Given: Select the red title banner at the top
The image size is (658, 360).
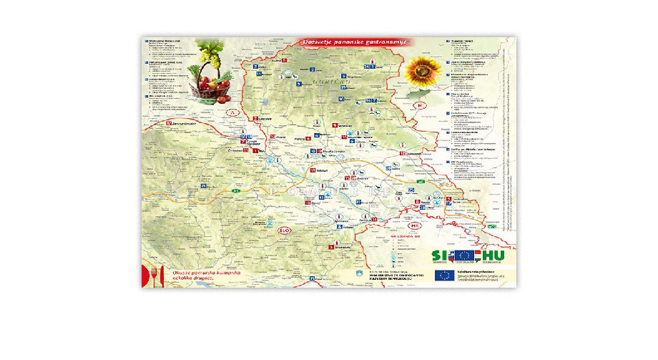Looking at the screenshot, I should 354,42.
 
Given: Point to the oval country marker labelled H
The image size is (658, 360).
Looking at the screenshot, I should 421,106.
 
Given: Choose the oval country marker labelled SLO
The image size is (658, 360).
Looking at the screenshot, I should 283,231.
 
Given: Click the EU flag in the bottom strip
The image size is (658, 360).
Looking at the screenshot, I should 444,276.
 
